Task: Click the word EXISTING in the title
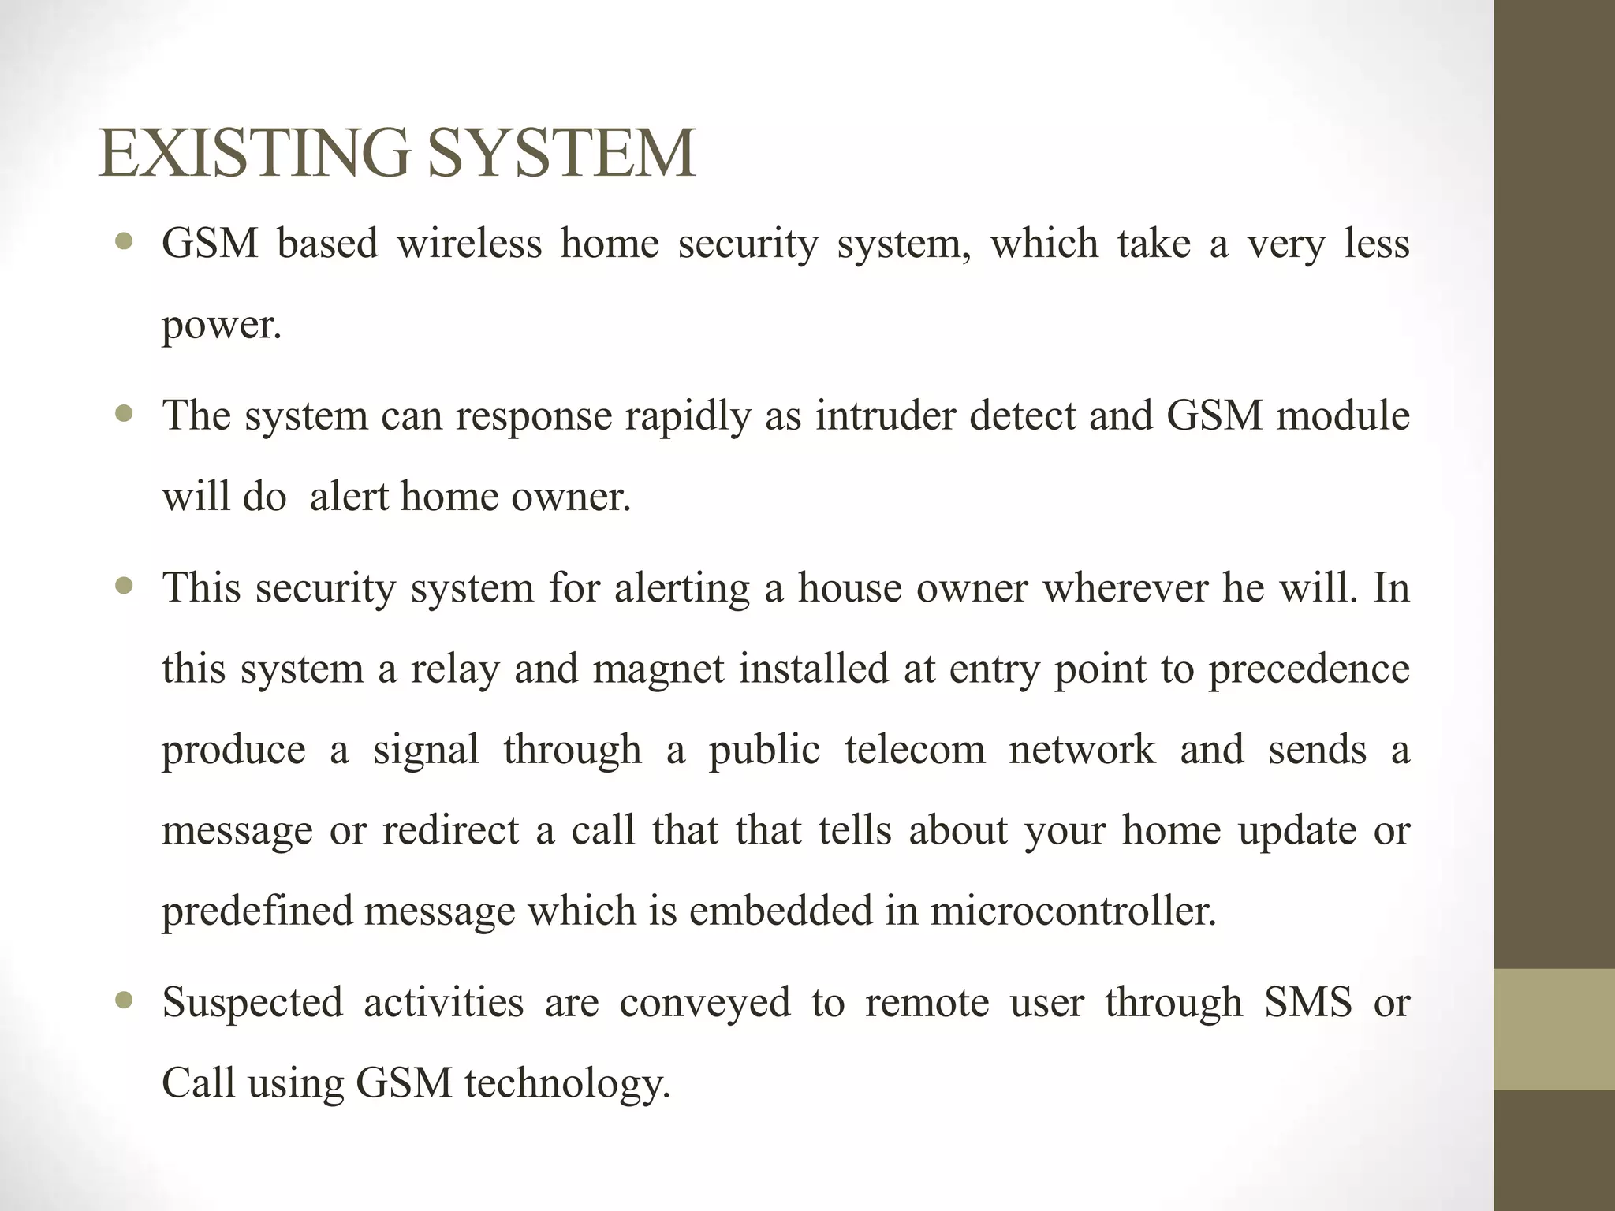click(x=254, y=154)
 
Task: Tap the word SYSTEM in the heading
click(x=561, y=154)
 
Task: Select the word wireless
click(x=469, y=243)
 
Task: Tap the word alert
click(x=349, y=497)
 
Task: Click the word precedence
click(x=1309, y=669)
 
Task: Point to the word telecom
click(x=915, y=750)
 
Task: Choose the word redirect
click(x=451, y=830)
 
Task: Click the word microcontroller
click(x=1073, y=911)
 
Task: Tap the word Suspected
click(x=252, y=1003)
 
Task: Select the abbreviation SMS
click(x=1308, y=1003)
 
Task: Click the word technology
click(x=567, y=1084)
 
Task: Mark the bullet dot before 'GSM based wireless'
click(x=124, y=241)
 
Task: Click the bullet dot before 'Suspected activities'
click(x=124, y=1001)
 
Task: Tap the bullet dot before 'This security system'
click(x=124, y=587)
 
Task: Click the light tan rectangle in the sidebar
click(x=1554, y=1029)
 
